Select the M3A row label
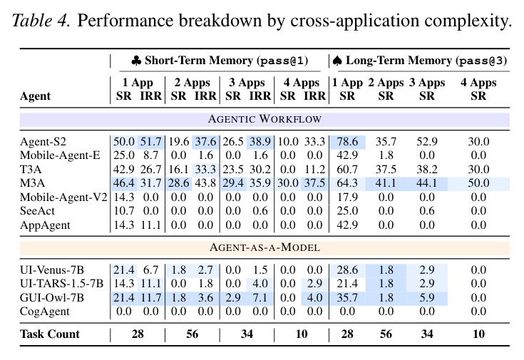[32, 183]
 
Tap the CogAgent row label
[45, 312]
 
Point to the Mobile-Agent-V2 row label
[63, 197]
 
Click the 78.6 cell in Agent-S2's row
[347, 142]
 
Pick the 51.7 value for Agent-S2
[150, 142]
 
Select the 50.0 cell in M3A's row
[478, 183]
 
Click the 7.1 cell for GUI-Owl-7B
[260, 297]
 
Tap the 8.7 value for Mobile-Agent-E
[150, 155]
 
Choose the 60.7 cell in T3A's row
[347, 170]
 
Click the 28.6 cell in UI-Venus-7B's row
[347, 269]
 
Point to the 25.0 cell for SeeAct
[347, 211]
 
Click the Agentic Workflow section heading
[264, 119]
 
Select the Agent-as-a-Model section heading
[264, 247]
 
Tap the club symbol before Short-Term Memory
[136, 61]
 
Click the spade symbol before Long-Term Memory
[337, 61]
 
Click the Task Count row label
[50, 334]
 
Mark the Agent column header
[35, 96]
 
